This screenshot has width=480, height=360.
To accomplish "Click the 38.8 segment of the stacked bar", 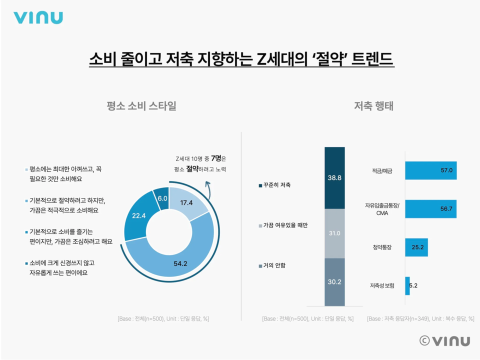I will click(x=334, y=177).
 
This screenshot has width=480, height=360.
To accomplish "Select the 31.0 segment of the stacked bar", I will click(x=334, y=233).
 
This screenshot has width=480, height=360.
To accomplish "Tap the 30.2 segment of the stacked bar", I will click(x=334, y=281).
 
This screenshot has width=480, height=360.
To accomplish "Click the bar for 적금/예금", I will click(x=430, y=170).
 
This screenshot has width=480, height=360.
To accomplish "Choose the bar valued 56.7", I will click(x=430, y=208).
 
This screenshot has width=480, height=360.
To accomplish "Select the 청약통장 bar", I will click(x=416, y=247).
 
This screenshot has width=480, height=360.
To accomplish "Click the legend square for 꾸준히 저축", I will click(x=260, y=185).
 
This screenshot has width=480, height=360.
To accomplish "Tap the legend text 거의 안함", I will click(x=274, y=265).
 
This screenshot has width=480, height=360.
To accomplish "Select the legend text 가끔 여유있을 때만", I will click(x=285, y=225).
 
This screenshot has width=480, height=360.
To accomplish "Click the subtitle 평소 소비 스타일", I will click(x=141, y=106).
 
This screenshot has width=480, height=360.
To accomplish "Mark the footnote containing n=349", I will click(x=420, y=318).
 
